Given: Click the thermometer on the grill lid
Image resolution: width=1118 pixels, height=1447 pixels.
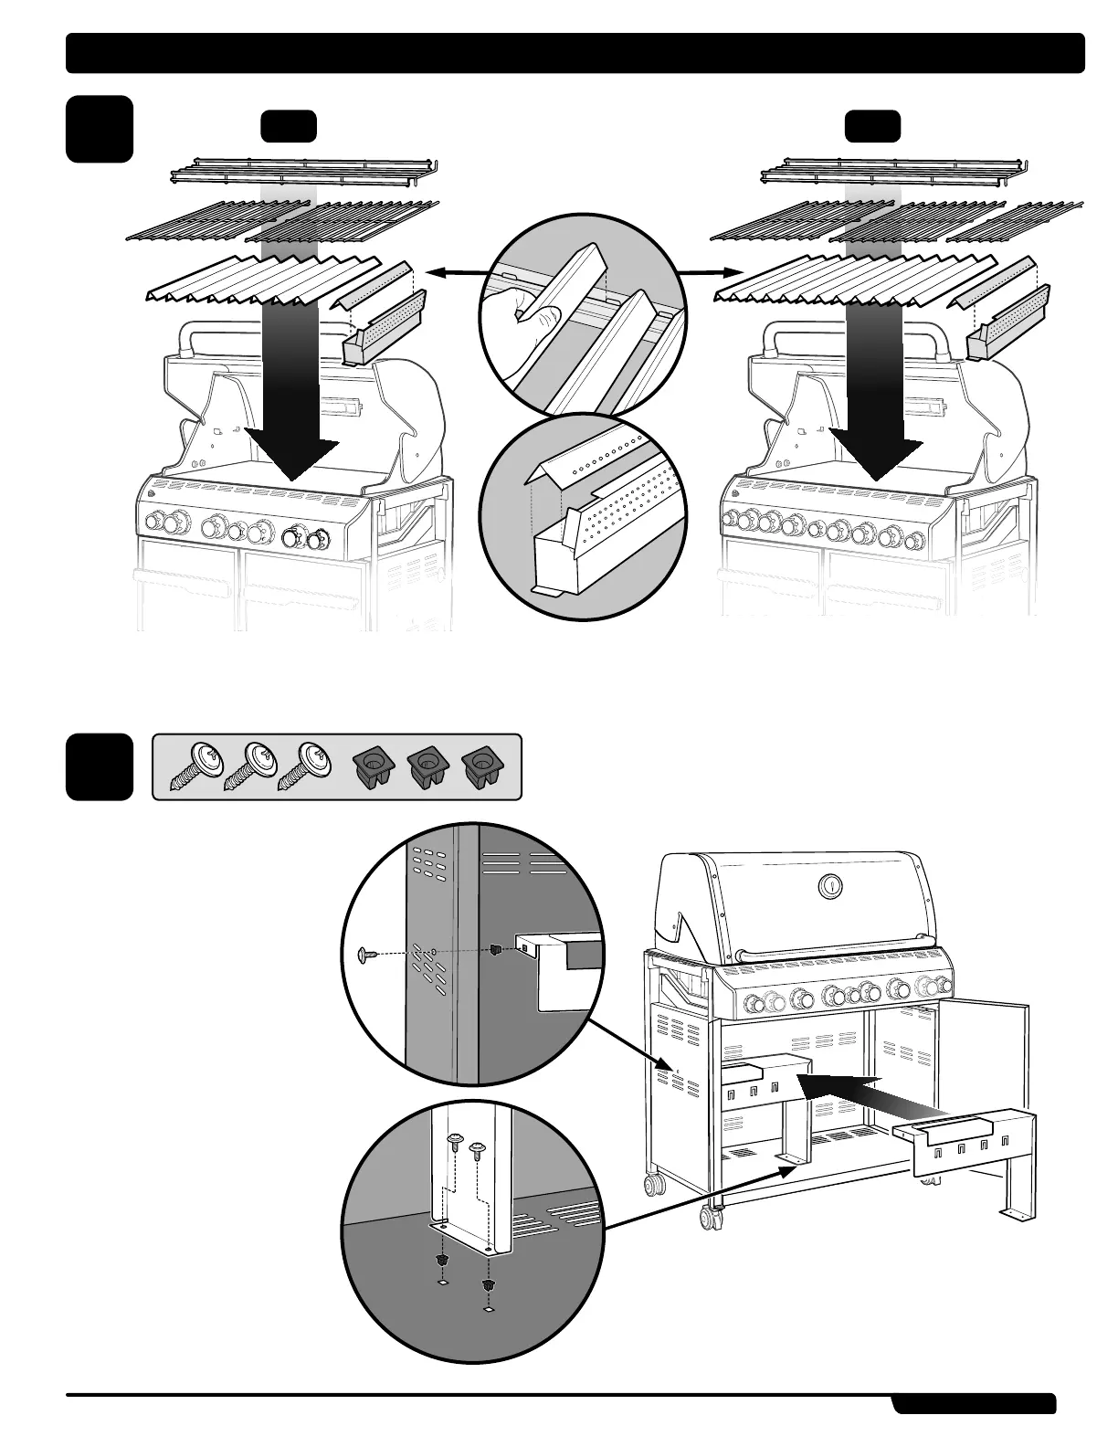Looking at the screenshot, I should (x=830, y=885).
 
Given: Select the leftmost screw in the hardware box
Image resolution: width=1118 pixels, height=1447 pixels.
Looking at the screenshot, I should (x=195, y=766).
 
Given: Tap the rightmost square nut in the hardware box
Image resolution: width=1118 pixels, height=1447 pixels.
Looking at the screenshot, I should (x=480, y=765).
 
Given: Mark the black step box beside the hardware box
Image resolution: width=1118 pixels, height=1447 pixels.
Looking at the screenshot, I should (x=100, y=766).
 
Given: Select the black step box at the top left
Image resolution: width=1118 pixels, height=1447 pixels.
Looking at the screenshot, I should (x=100, y=129).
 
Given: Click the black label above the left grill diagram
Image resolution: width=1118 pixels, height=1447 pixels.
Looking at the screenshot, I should (x=289, y=126).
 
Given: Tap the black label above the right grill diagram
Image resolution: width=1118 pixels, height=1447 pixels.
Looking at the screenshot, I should (x=872, y=126).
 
